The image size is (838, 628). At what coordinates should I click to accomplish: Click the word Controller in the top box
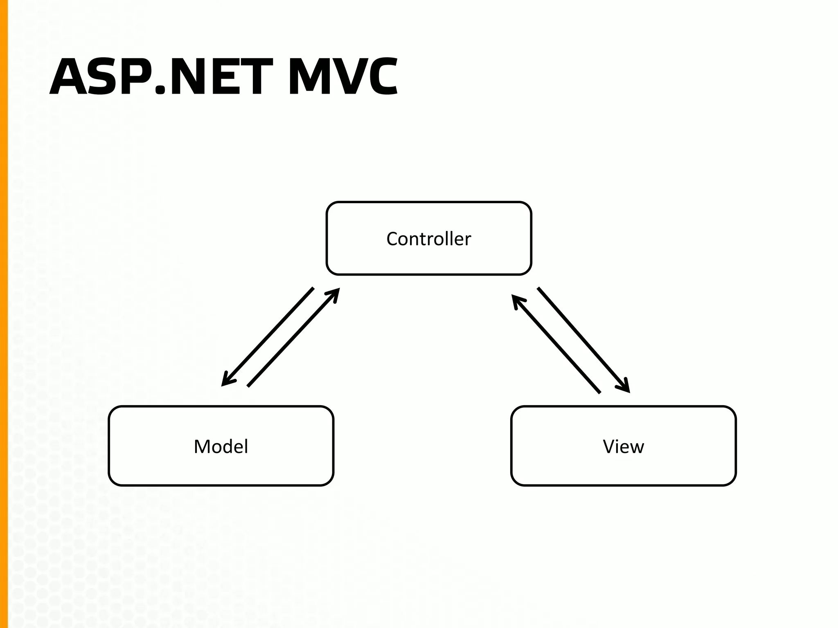click(x=428, y=239)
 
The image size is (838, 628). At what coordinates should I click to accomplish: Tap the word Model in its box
click(x=221, y=446)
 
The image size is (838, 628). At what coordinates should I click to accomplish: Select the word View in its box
click(x=623, y=446)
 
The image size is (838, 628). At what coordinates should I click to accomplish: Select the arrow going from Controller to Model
click(x=268, y=336)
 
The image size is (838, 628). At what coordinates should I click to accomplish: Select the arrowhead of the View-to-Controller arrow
click(x=516, y=300)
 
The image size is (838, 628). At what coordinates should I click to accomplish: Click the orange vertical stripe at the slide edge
click(x=4, y=314)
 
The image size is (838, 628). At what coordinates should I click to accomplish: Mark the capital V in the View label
click(x=609, y=446)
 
